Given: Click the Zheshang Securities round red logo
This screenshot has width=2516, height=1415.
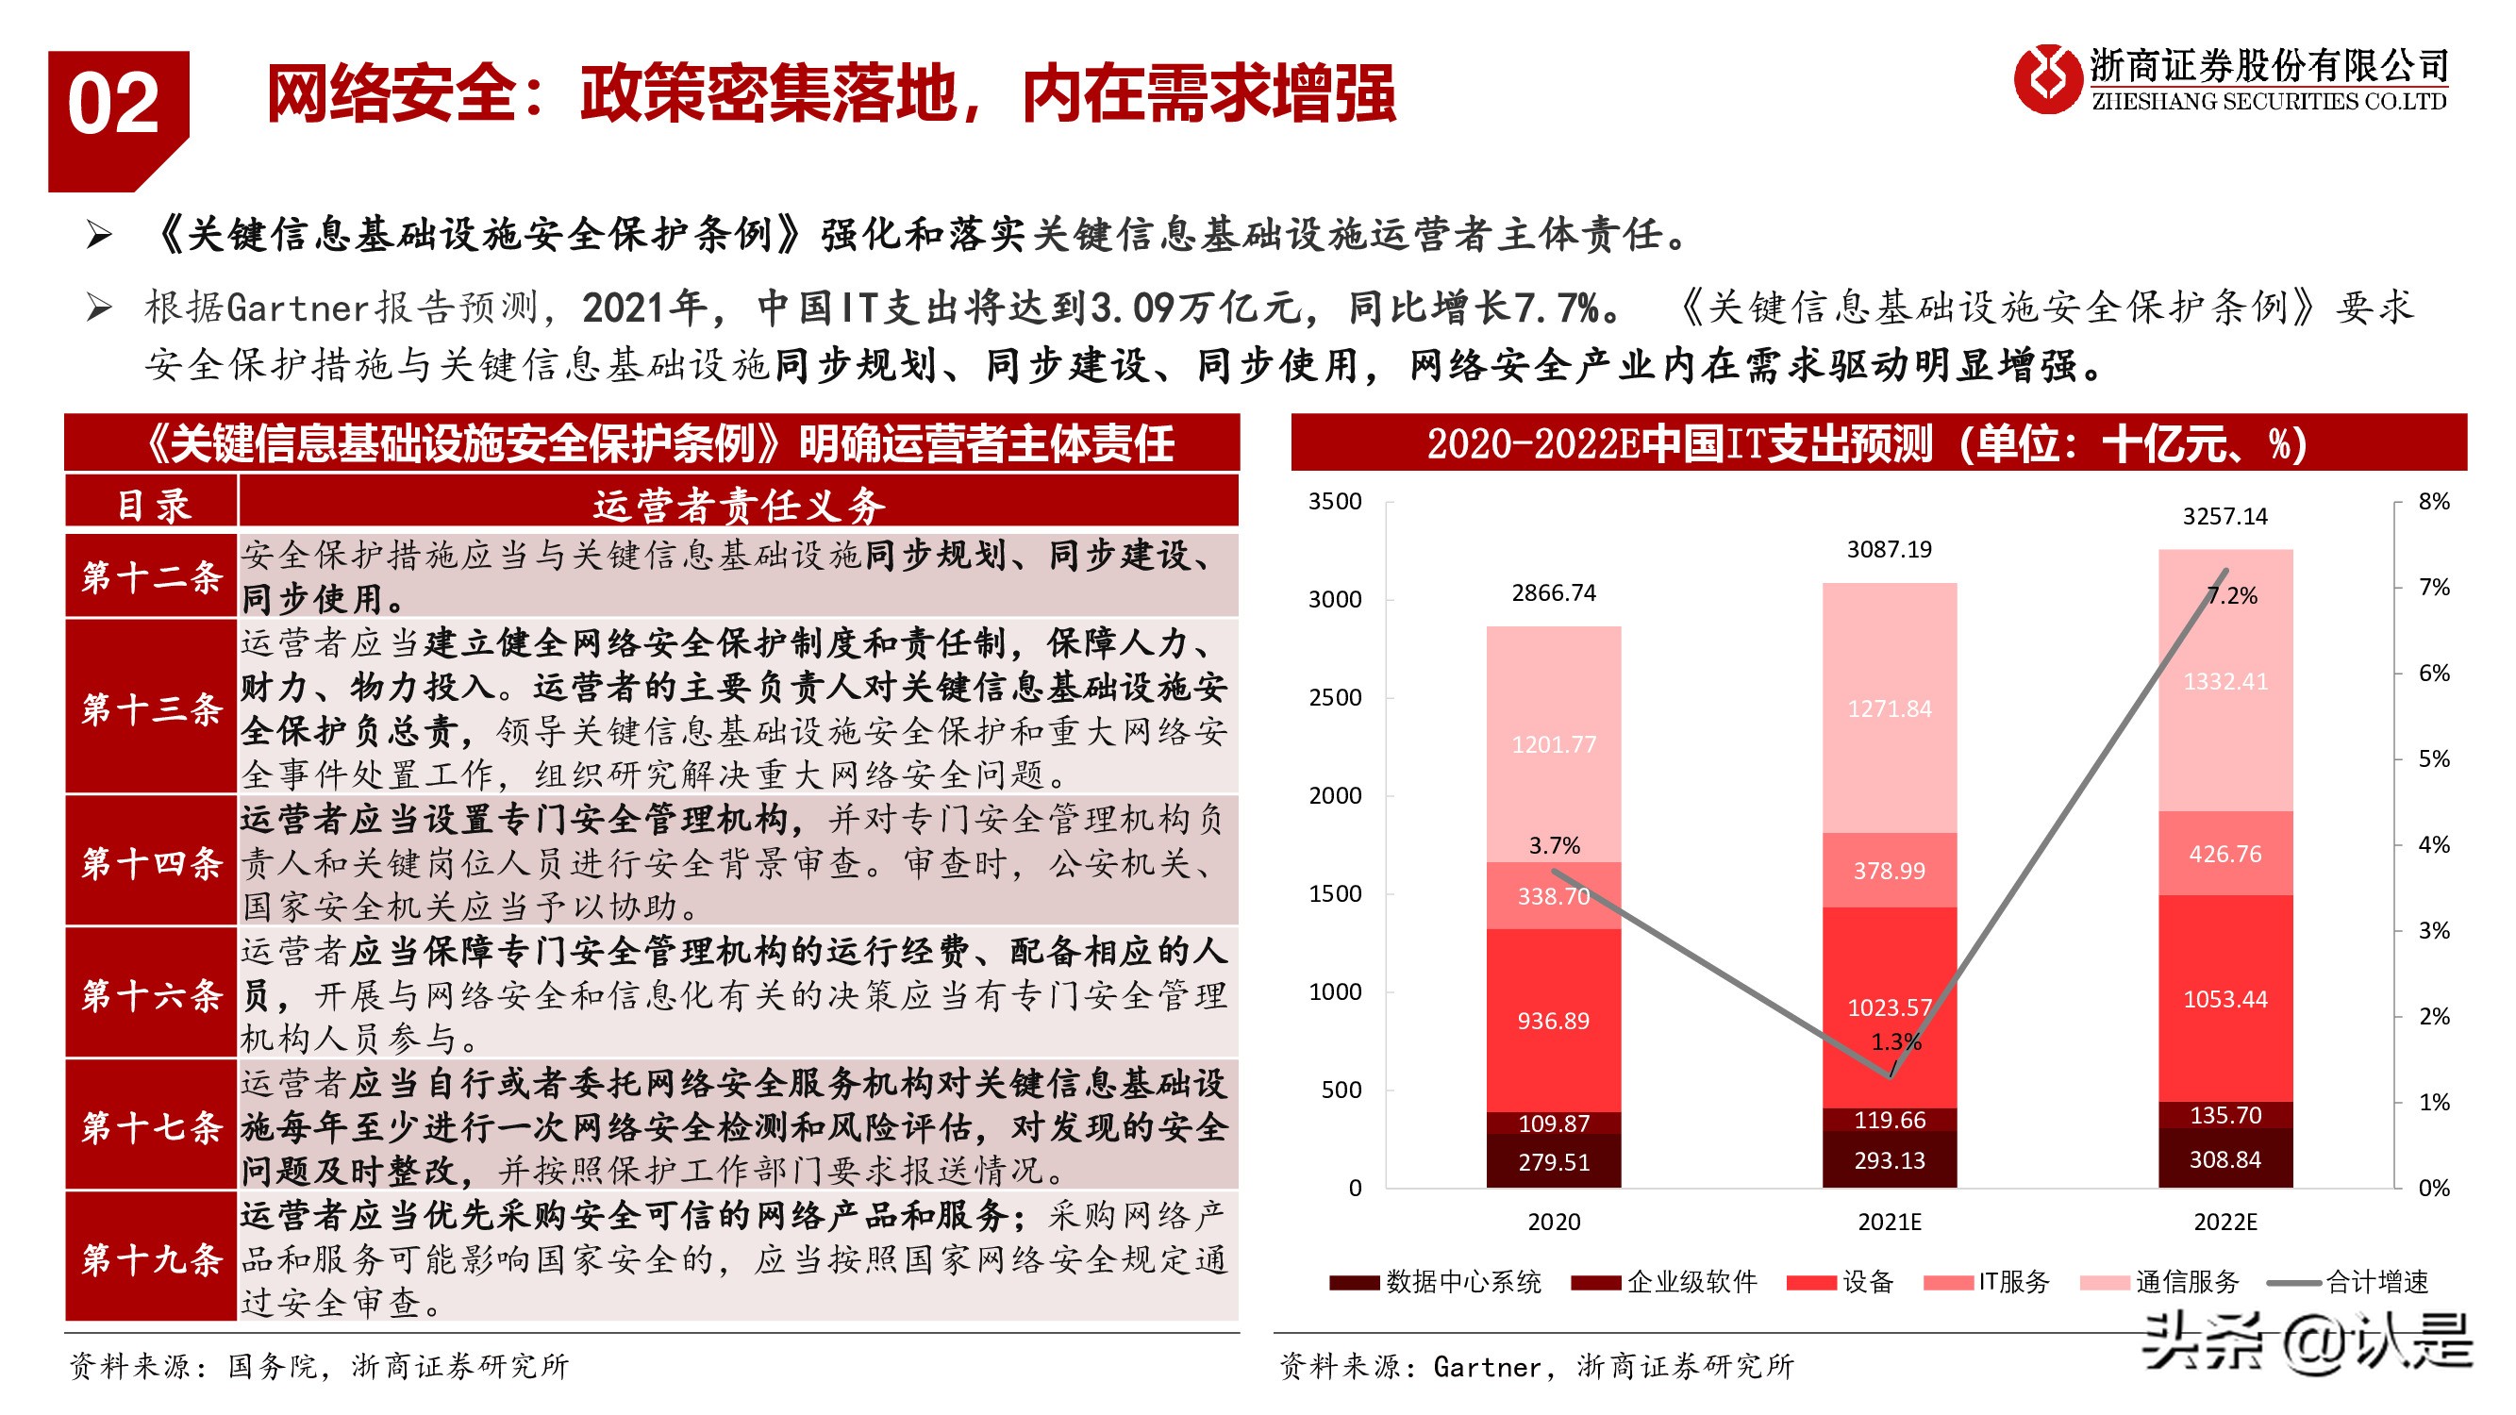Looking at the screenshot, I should coord(2046,79).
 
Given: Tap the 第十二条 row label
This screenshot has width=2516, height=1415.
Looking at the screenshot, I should coord(151,576).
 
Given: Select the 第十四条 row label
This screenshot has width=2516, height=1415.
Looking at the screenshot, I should coord(151,862).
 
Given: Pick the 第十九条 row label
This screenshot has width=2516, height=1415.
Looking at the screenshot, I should coord(151,1258).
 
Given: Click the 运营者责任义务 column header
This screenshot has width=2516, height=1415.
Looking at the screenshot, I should coord(739,505).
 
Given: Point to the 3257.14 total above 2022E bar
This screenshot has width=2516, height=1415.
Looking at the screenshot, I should coord(2224,517).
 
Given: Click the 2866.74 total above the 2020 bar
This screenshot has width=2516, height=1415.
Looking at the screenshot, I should coord(1553,592).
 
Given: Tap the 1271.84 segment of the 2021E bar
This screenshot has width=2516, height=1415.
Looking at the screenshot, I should coord(1889,709).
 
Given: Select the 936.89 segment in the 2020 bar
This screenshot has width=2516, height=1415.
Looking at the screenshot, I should coord(1553,1021).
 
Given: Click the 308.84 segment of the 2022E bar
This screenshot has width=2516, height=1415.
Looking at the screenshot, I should coord(2224,1159).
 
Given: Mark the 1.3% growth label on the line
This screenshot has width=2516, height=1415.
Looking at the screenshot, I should coord(1896,1042).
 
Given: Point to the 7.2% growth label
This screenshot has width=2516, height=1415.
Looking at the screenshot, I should coord(2233,595).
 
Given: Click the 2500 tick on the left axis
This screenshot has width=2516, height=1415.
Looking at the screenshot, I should coord(1334,697).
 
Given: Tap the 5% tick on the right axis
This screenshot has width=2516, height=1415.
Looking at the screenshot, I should coord(2433,758).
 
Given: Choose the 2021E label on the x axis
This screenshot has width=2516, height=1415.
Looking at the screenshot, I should coord(1889,1222).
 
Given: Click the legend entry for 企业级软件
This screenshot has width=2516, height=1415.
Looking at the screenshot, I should coord(1691,1281).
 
